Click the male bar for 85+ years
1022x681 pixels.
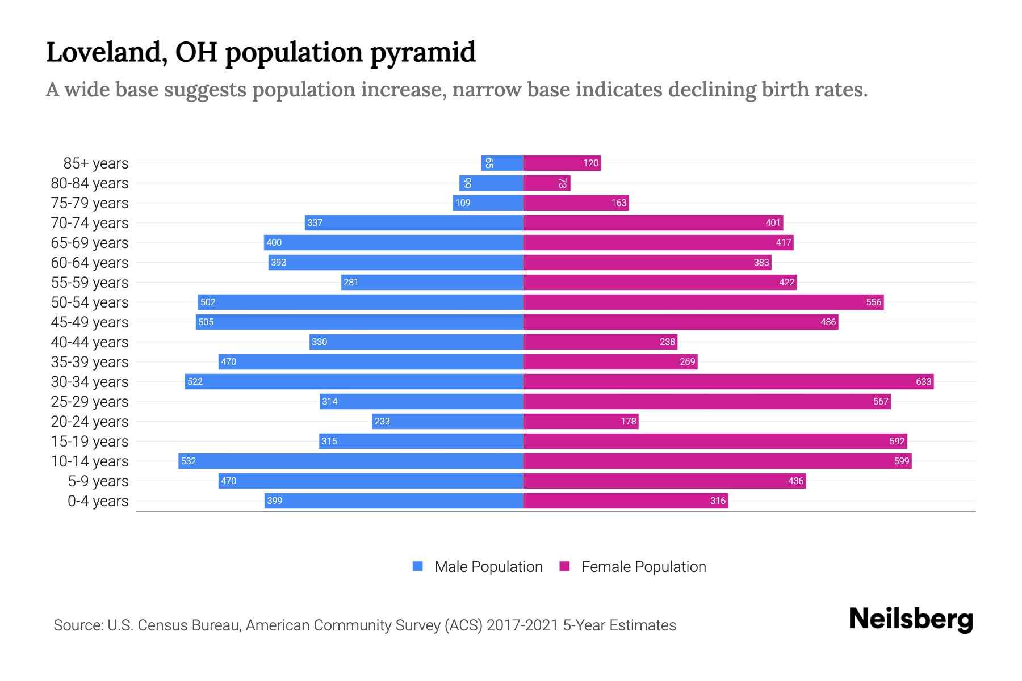click(502, 163)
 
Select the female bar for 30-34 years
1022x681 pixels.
click(728, 382)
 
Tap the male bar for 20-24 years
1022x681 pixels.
click(447, 422)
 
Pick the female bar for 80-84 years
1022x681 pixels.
click(546, 183)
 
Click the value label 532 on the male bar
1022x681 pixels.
click(188, 461)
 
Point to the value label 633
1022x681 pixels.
click(923, 382)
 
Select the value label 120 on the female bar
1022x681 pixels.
click(590, 163)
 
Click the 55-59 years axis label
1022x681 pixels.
click(90, 283)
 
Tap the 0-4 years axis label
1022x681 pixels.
click(98, 501)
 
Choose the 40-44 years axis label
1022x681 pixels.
click(90, 342)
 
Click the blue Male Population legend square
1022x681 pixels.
click(418, 566)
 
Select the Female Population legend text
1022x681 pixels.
click(643, 567)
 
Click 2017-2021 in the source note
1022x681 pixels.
click(522, 625)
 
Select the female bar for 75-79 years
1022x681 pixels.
click(576, 203)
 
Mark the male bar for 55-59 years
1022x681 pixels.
click(432, 283)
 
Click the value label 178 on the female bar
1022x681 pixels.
click(628, 422)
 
